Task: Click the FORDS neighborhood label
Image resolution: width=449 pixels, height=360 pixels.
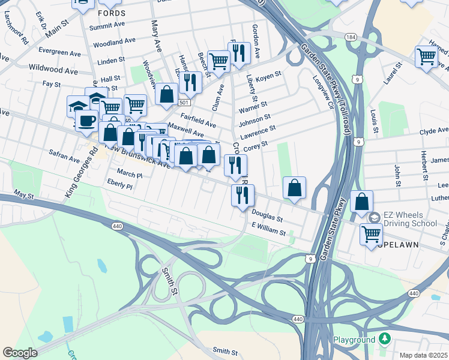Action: pos(112,13)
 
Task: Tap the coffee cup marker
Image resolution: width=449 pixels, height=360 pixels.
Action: pos(87,119)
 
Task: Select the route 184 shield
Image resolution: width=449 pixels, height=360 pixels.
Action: pos(351,37)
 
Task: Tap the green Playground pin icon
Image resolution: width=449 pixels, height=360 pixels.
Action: pos(385,340)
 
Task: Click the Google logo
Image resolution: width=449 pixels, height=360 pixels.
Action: pos(20,353)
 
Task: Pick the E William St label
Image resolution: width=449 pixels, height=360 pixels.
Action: pos(270,229)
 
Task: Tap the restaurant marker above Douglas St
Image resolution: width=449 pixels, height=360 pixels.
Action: pos(243,194)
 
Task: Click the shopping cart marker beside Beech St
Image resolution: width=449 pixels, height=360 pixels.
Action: pos(219,60)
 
